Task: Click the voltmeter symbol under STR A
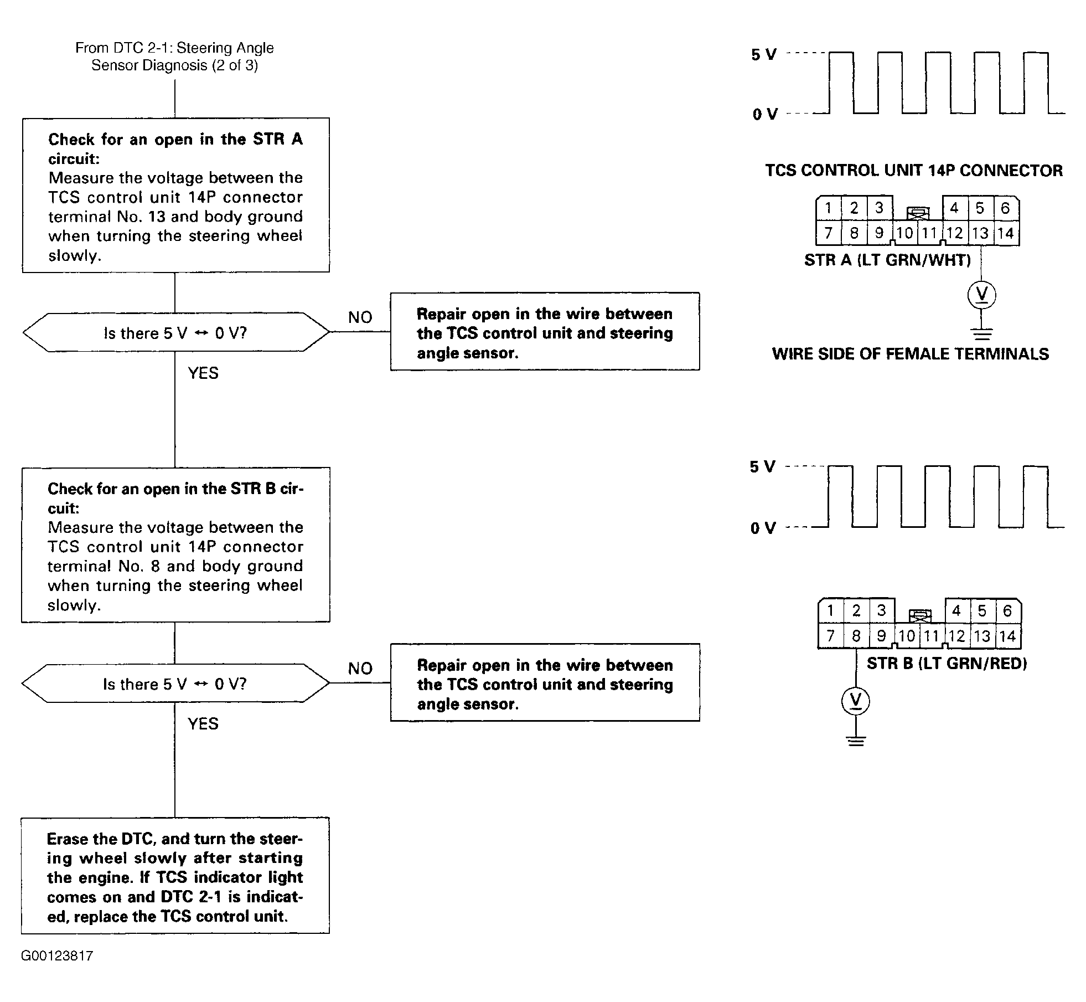(981, 295)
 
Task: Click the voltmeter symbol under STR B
(856, 701)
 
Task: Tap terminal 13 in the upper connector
(980, 233)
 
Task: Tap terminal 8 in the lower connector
(856, 636)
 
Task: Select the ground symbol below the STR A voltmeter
(981, 333)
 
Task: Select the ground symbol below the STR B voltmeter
(856, 741)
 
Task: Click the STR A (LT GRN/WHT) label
(887, 260)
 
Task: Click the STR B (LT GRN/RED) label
(947, 663)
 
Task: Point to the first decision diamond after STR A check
(176, 332)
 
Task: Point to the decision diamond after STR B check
(175, 683)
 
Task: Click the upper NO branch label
(360, 317)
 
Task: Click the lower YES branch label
(203, 723)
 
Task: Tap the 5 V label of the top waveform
(764, 54)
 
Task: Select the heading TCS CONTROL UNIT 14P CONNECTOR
(914, 170)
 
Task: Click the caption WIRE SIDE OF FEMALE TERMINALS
(911, 353)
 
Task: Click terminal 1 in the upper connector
(829, 208)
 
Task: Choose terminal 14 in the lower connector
(1007, 636)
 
